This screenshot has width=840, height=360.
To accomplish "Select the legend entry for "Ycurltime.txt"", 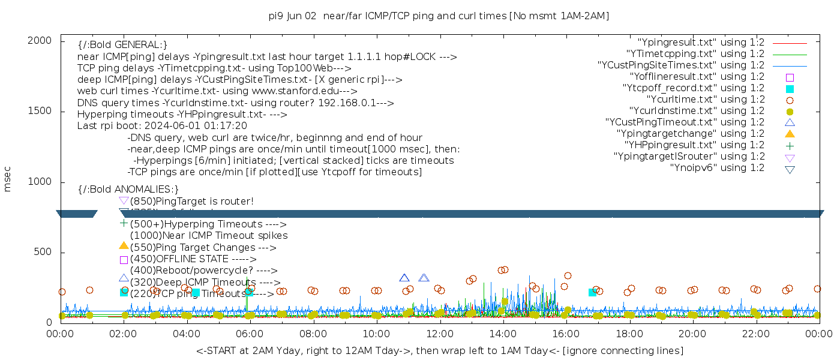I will point(705,100).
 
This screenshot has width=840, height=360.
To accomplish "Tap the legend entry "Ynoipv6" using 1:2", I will point(717,168).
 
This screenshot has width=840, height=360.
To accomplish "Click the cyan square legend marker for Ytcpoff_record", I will point(790,89).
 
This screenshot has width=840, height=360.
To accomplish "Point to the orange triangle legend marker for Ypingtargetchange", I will point(790,134).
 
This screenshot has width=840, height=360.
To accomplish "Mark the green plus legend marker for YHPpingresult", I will point(790,145).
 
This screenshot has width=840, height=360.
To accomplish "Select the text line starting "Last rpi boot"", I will point(162,126).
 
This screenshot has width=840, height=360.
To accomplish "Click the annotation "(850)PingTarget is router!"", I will point(191,201).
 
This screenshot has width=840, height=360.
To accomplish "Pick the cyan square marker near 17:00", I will point(593,292).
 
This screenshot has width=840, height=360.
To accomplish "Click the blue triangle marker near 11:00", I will point(404,278).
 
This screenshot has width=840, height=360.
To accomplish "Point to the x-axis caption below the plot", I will point(439,350).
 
